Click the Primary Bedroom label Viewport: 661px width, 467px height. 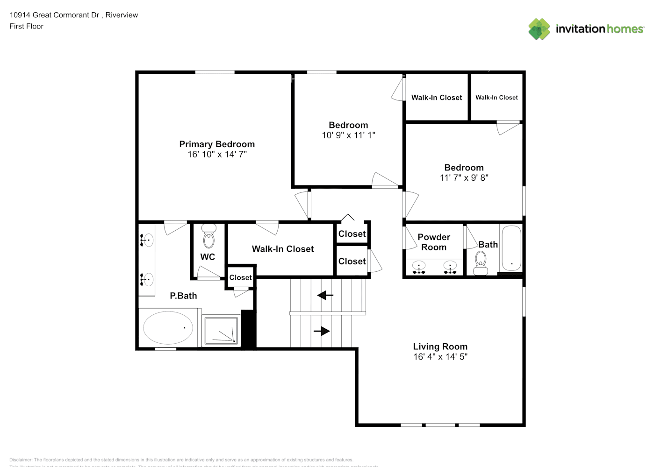[217, 144]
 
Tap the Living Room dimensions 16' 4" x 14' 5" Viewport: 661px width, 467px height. [440, 357]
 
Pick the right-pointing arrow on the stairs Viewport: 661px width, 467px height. [322, 331]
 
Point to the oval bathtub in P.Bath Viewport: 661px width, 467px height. [168, 328]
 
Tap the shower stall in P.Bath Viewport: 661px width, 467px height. [221, 330]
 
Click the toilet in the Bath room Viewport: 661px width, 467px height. [480, 263]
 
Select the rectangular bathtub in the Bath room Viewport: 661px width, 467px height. [511, 248]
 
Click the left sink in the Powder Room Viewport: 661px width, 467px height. [419, 267]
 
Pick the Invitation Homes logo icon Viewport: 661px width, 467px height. [539, 29]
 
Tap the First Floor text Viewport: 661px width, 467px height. [26, 27]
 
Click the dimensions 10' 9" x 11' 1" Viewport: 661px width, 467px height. [348, 135]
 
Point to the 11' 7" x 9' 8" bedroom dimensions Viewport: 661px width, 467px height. [464, 178]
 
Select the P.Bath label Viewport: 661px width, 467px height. [183, 296]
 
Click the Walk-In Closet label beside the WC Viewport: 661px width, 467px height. [282, 249]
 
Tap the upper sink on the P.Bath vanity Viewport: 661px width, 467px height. [146, 241]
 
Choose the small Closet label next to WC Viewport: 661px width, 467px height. [240, 277]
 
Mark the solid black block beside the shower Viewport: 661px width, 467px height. [248, 329]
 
